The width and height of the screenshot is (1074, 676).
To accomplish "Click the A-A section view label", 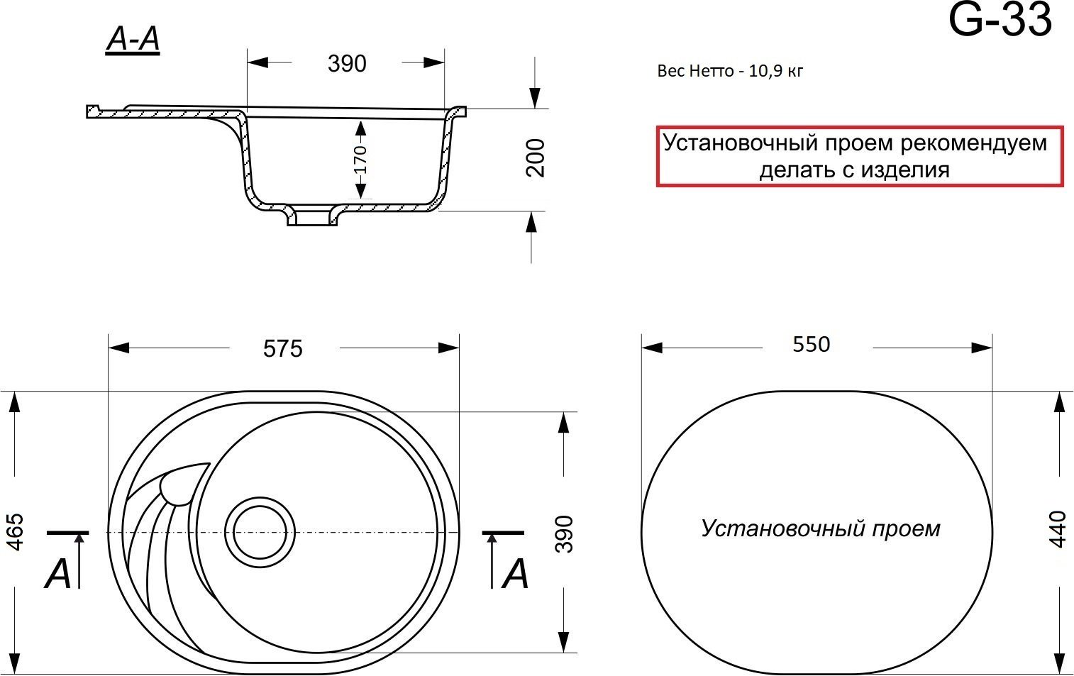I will [133, 40].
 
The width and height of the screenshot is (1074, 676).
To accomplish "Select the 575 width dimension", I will [282, 348].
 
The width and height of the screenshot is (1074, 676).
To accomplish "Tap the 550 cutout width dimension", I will [811, 344].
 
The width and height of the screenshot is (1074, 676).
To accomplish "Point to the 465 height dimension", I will [15, 531].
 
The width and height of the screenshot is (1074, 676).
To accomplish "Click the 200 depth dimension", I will [536, 157].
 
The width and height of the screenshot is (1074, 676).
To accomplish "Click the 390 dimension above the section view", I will [347, 64].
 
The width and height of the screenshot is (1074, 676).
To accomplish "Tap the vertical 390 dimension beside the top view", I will [564, 533].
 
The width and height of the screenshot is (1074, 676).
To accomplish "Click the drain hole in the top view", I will [260, 532].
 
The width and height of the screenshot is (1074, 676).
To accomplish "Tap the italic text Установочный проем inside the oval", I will [821, 528].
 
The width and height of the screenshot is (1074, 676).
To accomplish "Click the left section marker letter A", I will [58, 573].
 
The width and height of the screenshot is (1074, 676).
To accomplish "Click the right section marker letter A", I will [515, 573].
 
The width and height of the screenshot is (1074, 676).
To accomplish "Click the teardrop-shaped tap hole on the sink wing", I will [182, 485].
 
